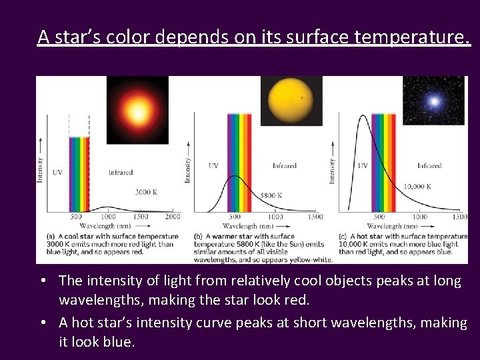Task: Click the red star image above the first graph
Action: click(137, 109)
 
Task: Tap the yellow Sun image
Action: click(291, 101)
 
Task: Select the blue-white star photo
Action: click(434, 101)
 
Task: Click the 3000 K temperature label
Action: click(147, 192)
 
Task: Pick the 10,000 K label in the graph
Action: click(417, 187)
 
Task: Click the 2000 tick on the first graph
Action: click(173, 217)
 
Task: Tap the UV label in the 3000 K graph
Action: click(57, 173)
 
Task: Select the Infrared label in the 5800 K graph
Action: click(285, 165)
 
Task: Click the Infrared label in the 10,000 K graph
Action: click(429, 165)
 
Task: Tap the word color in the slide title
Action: click(131, 37)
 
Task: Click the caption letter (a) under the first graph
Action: click(51, 237)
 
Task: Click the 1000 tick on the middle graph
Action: click(275, 217)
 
